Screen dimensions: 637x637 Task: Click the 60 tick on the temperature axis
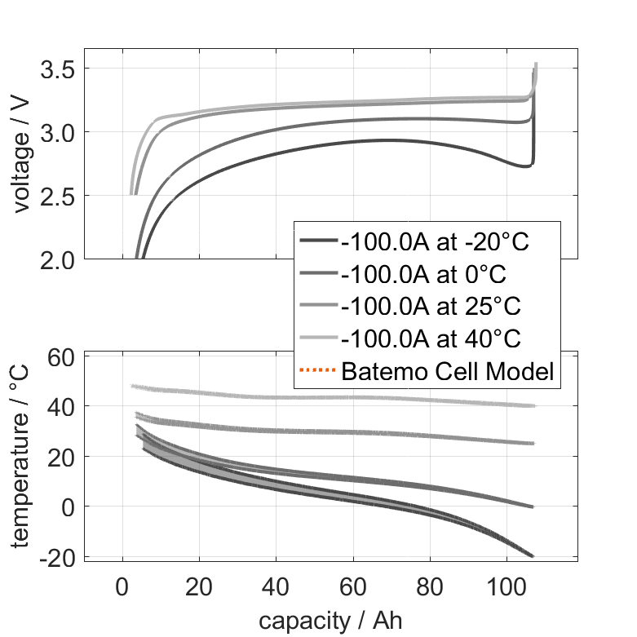click(63, 356)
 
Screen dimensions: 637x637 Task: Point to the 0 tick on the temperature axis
click(69, 507)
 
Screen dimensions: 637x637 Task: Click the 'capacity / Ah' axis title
click(330, 621)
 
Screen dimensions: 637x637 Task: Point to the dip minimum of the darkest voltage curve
click(525, 166)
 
